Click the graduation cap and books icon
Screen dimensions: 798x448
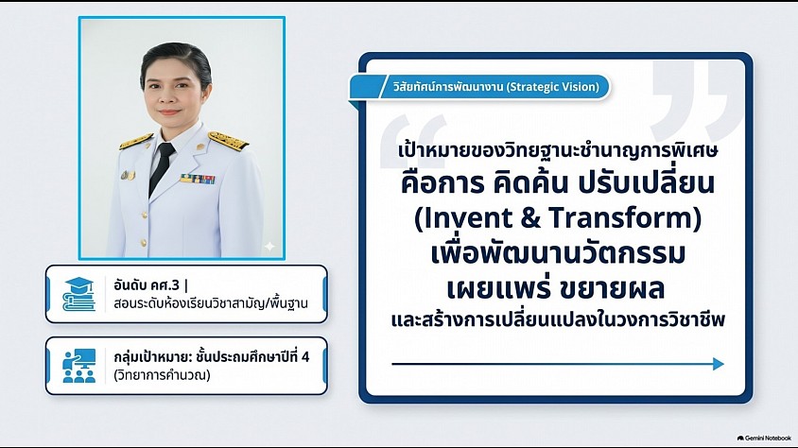point(78,293)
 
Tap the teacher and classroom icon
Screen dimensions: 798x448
point(78,366)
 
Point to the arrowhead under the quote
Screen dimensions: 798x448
point(718,364)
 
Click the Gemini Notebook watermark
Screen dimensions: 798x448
point(764,438)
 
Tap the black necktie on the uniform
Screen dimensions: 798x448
point(161,169)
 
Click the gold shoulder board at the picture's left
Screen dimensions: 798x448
point(136,141)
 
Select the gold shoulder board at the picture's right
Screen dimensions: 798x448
point(228,139)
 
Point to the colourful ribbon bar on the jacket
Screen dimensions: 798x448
point(197,179)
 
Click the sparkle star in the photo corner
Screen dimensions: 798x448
point(269,247)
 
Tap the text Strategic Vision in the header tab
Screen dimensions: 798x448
point(553,86)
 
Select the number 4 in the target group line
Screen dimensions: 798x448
point(304,356)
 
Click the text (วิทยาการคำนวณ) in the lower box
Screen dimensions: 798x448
point(162,375)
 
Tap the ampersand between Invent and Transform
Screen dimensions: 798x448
point(530,217)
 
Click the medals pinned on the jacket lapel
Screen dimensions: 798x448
point(128,176)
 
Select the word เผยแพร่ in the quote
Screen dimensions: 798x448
point(499,288)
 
